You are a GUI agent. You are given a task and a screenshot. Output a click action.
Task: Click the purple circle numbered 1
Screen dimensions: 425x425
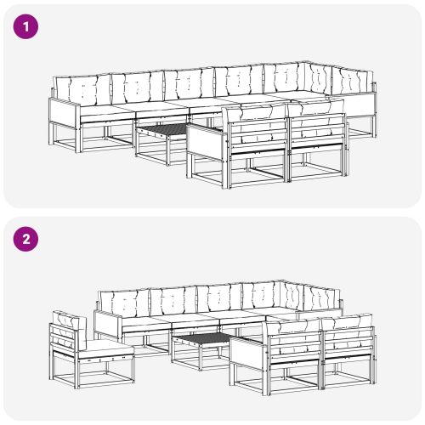click(25, 27)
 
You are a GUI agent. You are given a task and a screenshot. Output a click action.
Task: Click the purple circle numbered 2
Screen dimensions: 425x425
click(25, 240)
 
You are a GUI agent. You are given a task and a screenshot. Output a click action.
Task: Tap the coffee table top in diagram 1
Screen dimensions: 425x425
click(162, 129)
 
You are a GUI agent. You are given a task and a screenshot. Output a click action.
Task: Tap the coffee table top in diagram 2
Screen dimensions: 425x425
click(201, 338)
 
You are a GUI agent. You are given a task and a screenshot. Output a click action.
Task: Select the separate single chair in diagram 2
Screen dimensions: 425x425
click(91, 350)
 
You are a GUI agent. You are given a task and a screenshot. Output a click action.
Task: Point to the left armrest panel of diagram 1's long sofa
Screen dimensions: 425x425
click(65, 110)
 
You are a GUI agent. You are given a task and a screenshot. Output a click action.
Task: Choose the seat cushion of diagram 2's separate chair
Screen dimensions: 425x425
click(105, 349)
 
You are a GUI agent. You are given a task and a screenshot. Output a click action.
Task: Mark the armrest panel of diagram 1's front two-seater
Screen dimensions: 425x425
click(206, 140)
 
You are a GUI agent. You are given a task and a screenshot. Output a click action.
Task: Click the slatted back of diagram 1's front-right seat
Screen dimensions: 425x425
click(318, 130)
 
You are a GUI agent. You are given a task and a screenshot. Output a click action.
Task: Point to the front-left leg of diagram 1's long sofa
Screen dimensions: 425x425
click(78, 138)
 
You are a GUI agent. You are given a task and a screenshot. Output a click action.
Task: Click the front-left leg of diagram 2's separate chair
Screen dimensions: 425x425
click(77, 375)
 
